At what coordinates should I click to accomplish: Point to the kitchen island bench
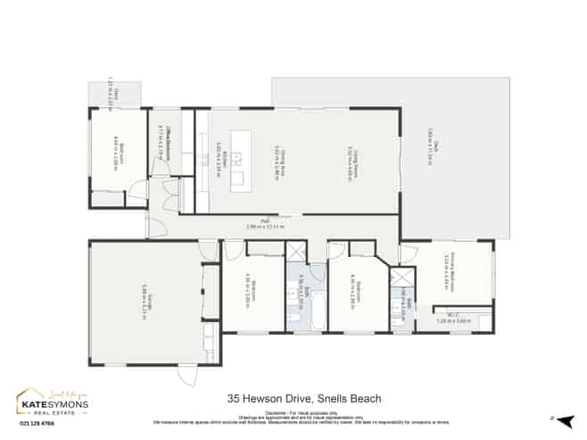click(237, 160)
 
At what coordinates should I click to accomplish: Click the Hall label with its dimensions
click(270, 227)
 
